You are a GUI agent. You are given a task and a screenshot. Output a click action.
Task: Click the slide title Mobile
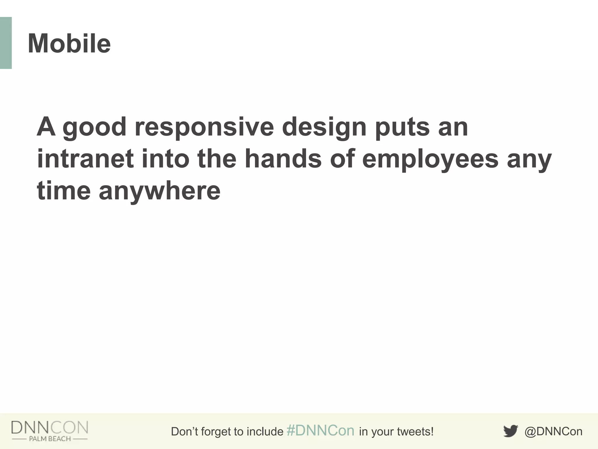click(69, 44)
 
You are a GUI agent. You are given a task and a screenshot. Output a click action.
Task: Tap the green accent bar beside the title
click(6, 43)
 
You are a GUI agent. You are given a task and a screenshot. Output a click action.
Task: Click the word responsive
click(204, 127)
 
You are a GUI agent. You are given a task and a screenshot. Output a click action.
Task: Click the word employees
click(430, 160)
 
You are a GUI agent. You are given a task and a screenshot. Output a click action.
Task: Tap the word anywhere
click(159, 191)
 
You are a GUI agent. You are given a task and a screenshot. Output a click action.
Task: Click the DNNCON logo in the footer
click(50, 427)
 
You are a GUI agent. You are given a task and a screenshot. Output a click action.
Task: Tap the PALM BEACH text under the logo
click(50, 439)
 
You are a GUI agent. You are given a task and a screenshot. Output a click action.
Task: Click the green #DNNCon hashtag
click(320, 431)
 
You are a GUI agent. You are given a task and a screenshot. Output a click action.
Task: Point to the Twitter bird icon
click(510, 431)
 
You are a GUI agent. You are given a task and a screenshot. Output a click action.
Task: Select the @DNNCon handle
click(553, 431)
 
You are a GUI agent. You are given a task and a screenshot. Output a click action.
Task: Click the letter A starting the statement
click(46, 127)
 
